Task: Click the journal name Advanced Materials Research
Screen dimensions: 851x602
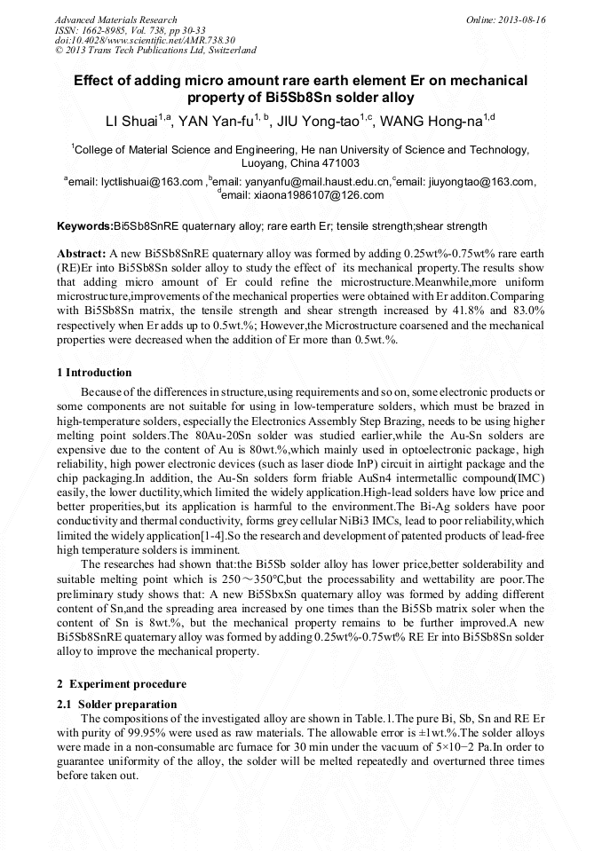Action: (115, 20)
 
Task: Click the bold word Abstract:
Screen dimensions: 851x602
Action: (81, 253)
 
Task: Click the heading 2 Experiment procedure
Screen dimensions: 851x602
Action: (122, 684)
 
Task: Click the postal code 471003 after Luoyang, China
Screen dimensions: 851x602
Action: (339, 163)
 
